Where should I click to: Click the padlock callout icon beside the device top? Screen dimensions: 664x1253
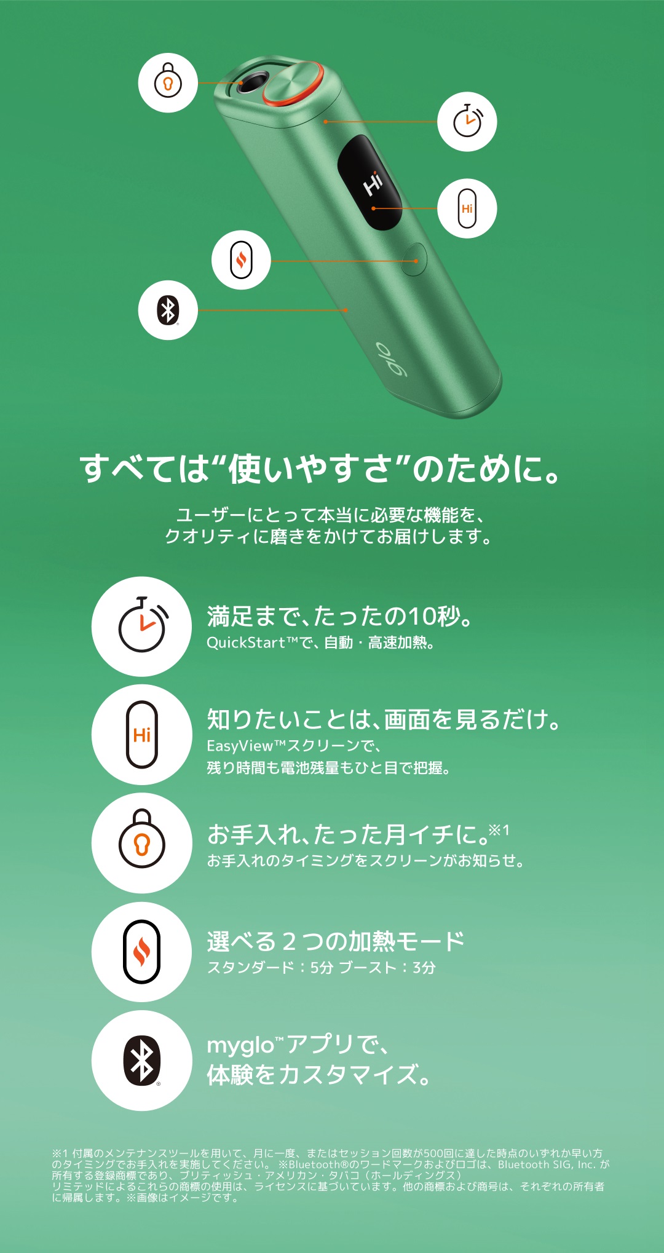[x=168, y=83]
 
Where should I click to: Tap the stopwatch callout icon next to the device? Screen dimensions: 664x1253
[x=467, y=122]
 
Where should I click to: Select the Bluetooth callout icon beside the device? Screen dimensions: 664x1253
[x=168, y=310]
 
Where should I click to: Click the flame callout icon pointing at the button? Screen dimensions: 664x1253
[x=241, y=259]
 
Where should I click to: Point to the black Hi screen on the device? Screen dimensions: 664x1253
[x=370, y=183]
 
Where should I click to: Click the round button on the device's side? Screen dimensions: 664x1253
[x=414, y=259]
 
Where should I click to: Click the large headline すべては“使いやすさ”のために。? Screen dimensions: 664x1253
[x=320, y=468]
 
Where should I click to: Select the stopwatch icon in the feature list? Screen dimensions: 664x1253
[x=142, y=626]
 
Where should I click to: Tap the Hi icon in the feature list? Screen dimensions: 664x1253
[x=142, y=735]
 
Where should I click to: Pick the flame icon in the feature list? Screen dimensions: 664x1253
[x=142, y=952]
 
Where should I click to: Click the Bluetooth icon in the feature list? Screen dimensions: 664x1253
[x=142, y=1061]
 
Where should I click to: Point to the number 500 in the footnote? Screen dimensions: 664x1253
[x=433, y=1153]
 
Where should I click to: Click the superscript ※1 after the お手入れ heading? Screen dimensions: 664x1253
[x=499, y=831]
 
